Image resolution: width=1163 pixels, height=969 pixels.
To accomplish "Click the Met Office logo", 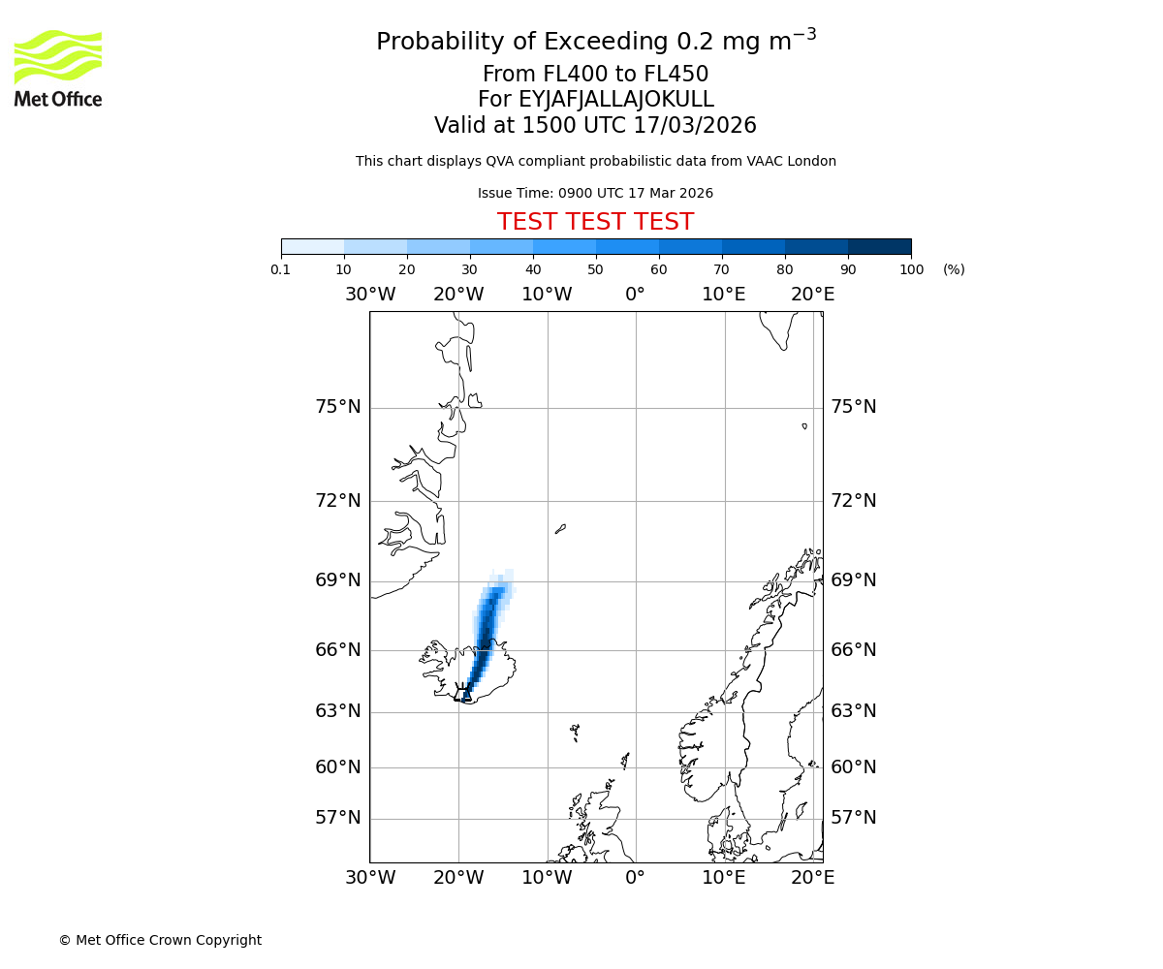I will [58, 68].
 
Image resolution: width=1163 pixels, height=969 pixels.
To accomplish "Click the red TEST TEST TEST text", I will [595, 222].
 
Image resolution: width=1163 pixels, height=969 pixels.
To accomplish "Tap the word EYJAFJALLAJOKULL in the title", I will [616, 100].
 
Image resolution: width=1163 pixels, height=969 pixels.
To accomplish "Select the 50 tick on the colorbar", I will [596, 269].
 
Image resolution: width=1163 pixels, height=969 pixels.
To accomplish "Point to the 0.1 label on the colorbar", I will [281, 269].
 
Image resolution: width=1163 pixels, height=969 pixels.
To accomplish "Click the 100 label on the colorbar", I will [911, 269].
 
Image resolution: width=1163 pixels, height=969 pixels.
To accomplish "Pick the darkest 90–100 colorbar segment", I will [879, 246].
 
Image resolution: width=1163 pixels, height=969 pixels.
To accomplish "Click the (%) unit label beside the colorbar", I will [954, 269].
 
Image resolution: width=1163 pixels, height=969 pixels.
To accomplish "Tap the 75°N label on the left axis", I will [337, 407].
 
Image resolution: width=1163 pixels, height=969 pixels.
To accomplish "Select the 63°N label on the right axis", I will [853, 711].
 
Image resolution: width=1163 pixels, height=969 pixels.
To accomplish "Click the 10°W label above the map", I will [547, 295].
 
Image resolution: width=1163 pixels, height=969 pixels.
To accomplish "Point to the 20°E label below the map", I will [812, 878].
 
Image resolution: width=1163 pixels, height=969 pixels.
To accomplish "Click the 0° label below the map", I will [635, 878].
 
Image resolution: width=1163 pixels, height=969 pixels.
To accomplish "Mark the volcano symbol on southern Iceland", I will [463, 691].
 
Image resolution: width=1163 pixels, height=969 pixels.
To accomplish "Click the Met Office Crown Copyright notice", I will [160, 940].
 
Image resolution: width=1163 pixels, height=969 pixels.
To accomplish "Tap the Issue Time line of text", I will [595, 194].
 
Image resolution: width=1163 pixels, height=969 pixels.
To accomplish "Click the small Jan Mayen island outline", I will [560, 529].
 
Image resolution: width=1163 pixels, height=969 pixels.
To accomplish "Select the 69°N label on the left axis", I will [337, 580].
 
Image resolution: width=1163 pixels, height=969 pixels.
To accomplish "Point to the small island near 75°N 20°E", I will [804, 425].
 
